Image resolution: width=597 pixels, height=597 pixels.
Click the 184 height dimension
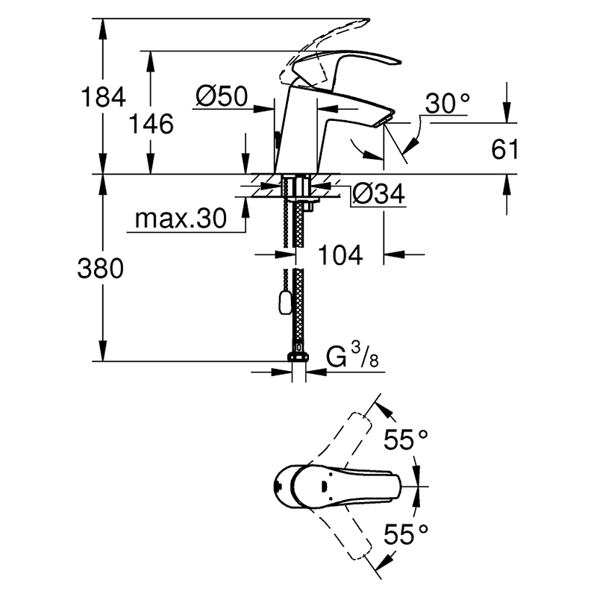[103, 97]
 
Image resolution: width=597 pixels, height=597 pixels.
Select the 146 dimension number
[151, 124]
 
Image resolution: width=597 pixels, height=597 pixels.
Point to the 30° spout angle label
[447, 103]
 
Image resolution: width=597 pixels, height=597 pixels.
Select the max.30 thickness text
[181, 218]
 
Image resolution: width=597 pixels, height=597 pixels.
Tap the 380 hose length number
[101, 268]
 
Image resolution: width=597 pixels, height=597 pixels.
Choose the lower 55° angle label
[405, 534]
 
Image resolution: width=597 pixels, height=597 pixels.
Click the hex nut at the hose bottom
[298, 357]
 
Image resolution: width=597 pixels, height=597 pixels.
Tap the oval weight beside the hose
[285, 302]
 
